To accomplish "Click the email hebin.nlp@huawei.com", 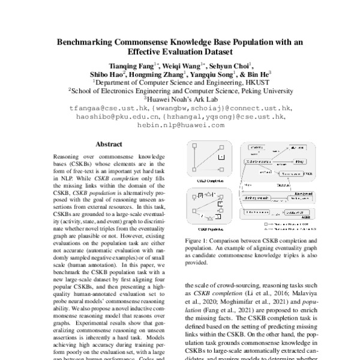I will (x=180, y=125).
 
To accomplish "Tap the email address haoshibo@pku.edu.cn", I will (x=112, y=116).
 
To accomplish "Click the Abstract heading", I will (x=109, y=145).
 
